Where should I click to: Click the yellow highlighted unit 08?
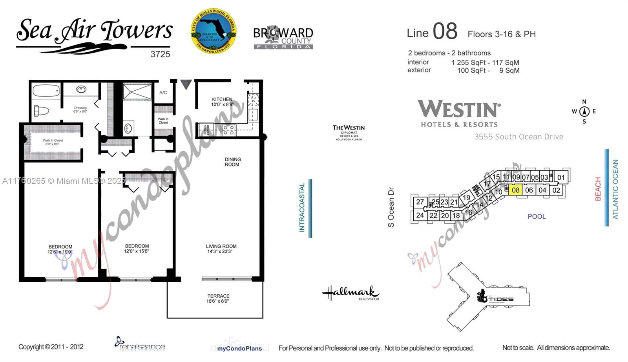click(x=515, y=190)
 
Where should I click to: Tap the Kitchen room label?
click(x=222, y=99)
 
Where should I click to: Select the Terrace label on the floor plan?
click(x=218, y=296)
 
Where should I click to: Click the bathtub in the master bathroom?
click(x=46, y=91)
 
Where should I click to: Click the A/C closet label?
click(x=163, y=93)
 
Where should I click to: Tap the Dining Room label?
click(x=232, y=162)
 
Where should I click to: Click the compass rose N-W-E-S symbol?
click(x=584, y=112)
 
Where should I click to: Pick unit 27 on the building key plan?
click(x=420, y=202)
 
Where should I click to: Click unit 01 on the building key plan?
click(x=561, y=177)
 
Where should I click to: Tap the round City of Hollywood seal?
click(x=214, y=31)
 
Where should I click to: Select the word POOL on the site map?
click(x=537, y=216)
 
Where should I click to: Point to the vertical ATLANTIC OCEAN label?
click(x=615, y=189)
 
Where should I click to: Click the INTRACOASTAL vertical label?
click(x=302, y=207)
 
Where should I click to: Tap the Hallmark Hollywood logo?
click(x=350, y=293)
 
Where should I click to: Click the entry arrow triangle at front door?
click(x=186, y=84)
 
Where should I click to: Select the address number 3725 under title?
click(x=160, y=54)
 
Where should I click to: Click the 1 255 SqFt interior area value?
click(x=468, y=62)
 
